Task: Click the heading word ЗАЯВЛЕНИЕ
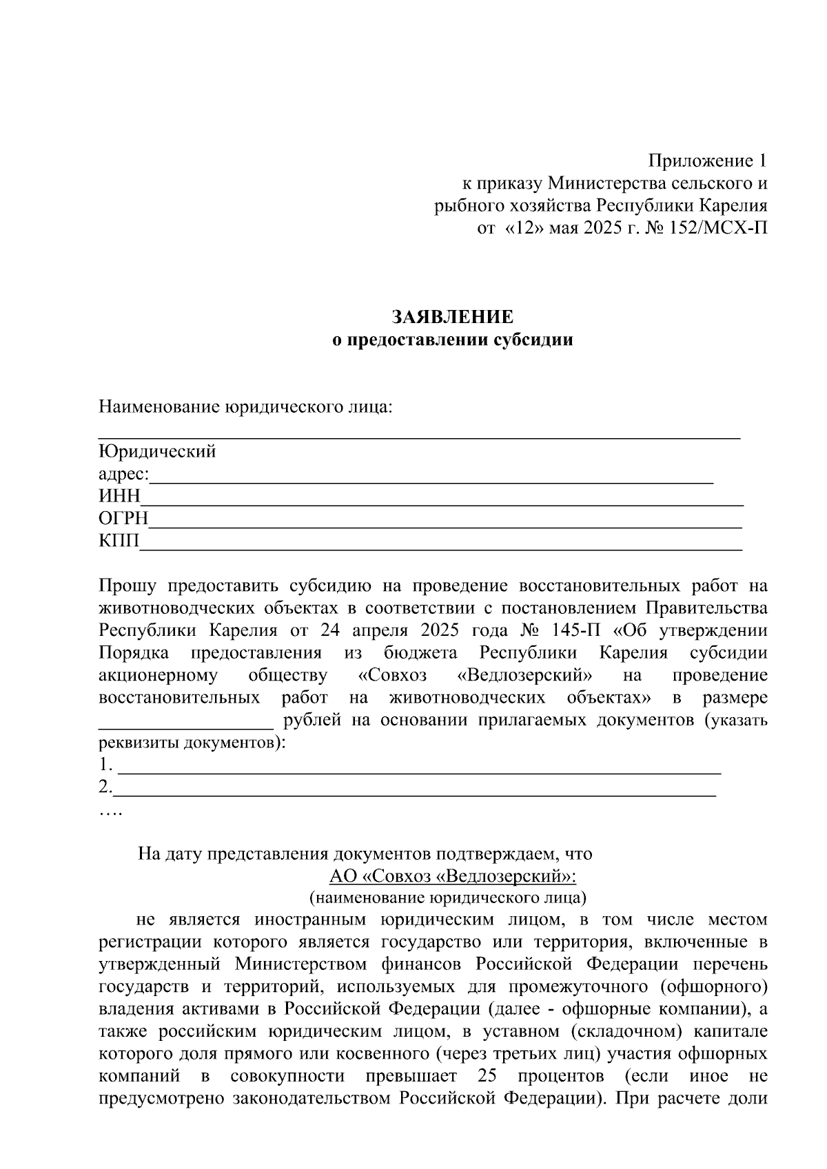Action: pos(453,317)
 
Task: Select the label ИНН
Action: pos(119,497)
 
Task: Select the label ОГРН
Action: pos(123,519)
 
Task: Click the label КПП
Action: pos(119,541)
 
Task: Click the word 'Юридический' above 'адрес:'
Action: pos(157,452)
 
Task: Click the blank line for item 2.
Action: pos(413,789)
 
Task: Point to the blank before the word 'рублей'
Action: pos(186,722)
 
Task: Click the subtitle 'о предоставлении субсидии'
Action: pos(453,340)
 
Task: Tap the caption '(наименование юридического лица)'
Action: pos(448,898)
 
